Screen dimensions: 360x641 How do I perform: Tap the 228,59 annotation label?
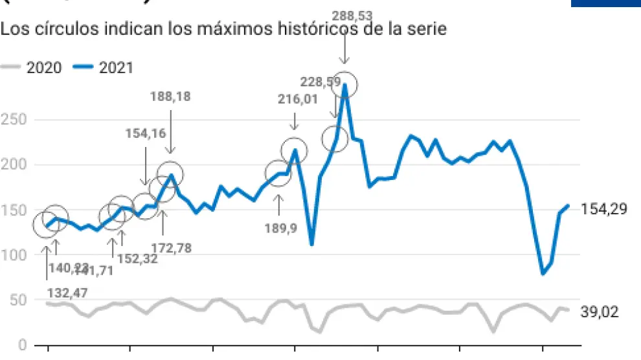[321, 81]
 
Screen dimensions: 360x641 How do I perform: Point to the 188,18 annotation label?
[170, 96]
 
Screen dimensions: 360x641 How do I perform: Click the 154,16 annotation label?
[146, 133]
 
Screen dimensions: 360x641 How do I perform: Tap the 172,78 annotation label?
[171, 247]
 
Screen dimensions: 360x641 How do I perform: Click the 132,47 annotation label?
[67, 293]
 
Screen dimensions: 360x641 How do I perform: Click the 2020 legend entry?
[32, 67]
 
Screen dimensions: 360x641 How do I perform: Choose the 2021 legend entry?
[102, 67]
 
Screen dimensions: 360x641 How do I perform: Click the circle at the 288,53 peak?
[344, 85]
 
